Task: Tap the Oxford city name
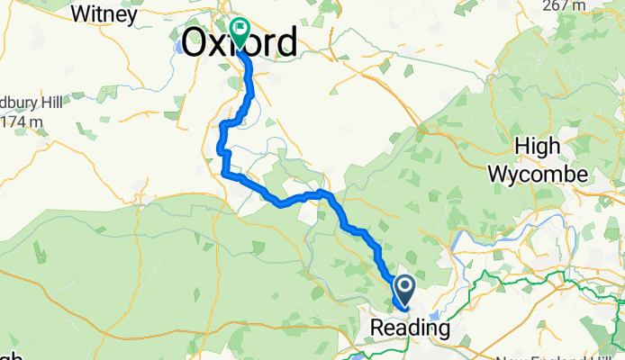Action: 240,41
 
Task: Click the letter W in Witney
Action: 79,14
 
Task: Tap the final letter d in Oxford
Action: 285,41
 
